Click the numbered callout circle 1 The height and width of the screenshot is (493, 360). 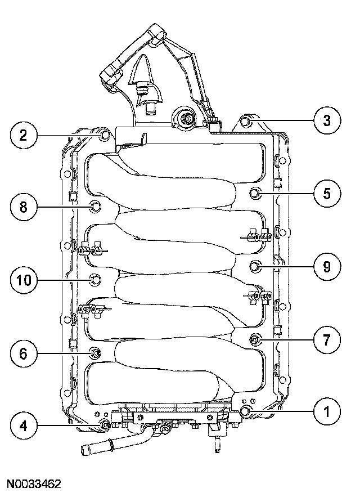click(327, 413)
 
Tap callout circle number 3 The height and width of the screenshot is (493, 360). click(326, 120)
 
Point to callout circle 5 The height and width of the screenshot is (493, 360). click(327, 193)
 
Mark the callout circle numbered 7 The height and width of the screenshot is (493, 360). click(327, 339)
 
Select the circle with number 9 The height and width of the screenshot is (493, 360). click(327, 266)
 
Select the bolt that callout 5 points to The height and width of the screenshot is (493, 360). click(255, 193)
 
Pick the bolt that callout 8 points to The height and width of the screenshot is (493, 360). click(96, 207)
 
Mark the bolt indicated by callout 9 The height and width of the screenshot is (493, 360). click(255, 266)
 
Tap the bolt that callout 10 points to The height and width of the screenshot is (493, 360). click(96, 279)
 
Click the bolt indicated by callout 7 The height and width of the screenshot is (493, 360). click(255, 339)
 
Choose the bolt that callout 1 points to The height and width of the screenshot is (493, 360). click(246, 411)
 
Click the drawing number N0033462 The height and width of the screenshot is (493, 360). click(34, 483)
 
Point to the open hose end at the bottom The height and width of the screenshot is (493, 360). click(85, 450)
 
